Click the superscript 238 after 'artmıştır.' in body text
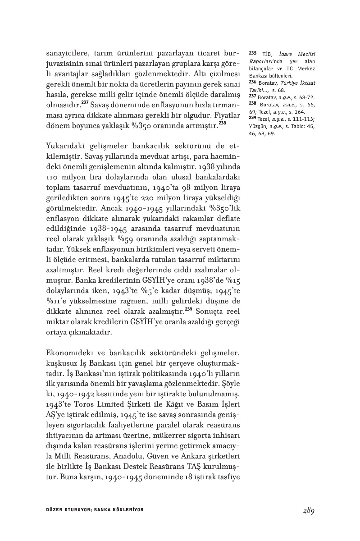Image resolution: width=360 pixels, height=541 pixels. click(x=222, y=123)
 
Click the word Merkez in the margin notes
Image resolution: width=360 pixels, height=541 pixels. click(x=307, y=69)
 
